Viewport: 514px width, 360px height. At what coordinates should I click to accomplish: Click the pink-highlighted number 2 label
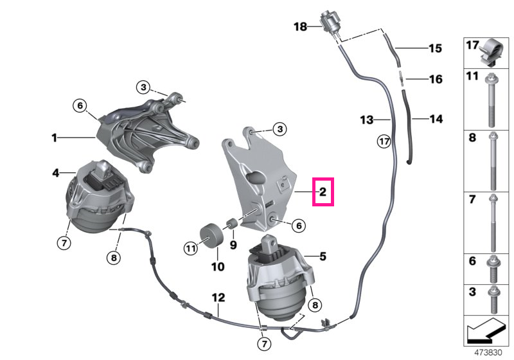pyautogui.click(x=323, y=192)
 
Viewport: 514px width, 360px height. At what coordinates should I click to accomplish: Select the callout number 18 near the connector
pyautogui.click(x=300, y=26)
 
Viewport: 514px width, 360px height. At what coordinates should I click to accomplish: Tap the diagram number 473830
pyautogui.click(x=488, y=353)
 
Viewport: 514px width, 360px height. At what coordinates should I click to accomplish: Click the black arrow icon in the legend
pyautogui.click(x=486, y=330)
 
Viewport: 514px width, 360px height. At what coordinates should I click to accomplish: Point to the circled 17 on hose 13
pyautogui.click(x=384, y=141)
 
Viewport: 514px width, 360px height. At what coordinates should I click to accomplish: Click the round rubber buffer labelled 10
pyautogui.click(x=211, y=237)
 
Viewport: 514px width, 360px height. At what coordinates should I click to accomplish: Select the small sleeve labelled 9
pyautogui.click(x=232, y=223)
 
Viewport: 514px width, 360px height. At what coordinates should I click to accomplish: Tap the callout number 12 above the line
pyautogui.click(x=218, y=298)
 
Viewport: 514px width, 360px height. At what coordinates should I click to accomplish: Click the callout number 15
pyautogui.click(x=436, y=48)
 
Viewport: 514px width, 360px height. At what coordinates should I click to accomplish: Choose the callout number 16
pyautogui.click(x=436, y=79)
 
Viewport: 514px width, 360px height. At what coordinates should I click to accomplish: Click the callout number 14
pyautogui.click(x=436, y=119)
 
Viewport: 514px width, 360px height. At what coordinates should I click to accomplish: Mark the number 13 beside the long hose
pyautogui.click(x=367, y=120)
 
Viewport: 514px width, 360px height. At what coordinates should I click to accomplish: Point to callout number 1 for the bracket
pyautogui.click(x=55, y=138)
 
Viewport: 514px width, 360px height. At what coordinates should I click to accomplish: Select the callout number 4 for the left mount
pyautogui.click(x=56, y=172)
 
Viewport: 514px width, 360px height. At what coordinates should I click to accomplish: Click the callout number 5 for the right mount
pyautogui.click(x=323, y=256)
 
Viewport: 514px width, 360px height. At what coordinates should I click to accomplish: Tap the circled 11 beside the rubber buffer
pyautogui.click(x=190, y=248)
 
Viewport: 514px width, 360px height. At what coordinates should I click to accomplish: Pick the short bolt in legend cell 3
pyautogui.click(x=493, y=300)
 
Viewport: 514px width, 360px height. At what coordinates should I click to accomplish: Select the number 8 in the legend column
pyautogui.click(x=472, y=138)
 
